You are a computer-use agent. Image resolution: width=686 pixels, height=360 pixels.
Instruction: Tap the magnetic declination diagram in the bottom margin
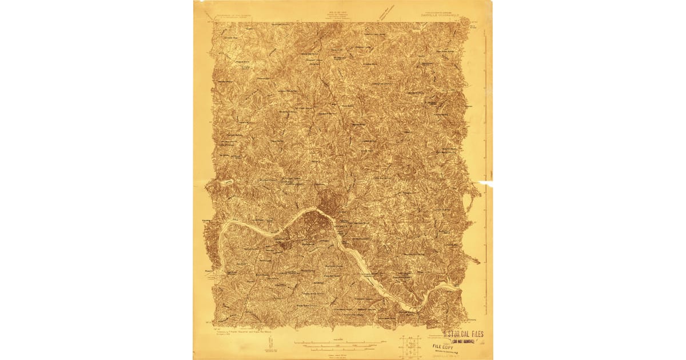(270, 344)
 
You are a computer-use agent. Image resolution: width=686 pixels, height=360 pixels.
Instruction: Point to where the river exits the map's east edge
(457, 287)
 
